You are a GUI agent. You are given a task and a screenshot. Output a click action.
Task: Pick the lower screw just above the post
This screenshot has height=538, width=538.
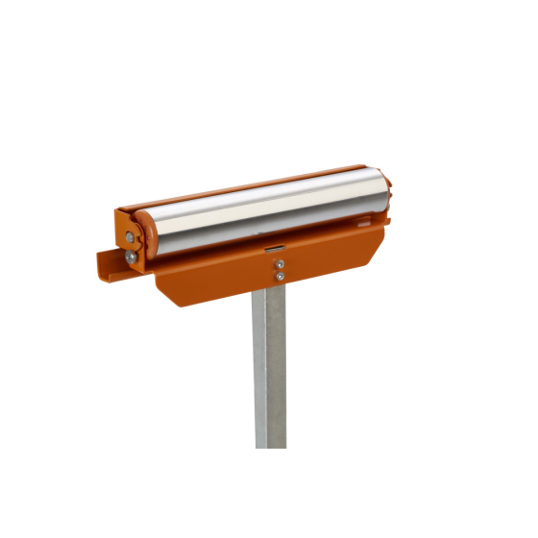click(279, 277)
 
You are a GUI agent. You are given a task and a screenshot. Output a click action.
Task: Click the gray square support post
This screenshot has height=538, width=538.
click(270, 365)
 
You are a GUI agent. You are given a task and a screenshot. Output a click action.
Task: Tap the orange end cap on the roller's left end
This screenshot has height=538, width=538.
click(145, 235)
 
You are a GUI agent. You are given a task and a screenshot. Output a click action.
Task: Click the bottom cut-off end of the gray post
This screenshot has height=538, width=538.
click(270, 444)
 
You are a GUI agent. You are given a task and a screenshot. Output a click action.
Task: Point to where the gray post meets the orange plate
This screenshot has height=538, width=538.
click(270, 293)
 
